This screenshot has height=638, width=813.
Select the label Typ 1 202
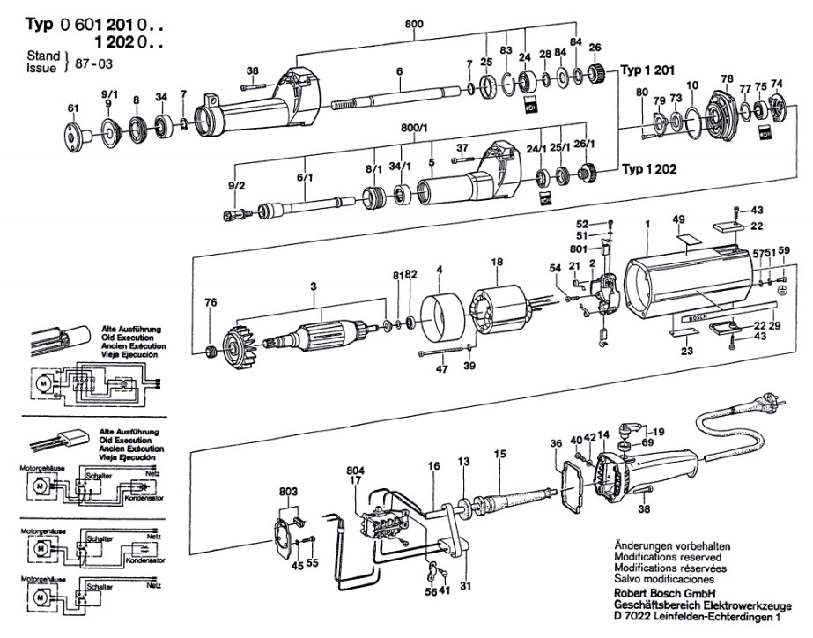click(x=650, y=168)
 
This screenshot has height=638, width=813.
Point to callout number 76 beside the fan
click(x=211, y=304)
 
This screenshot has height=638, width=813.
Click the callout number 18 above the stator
click(x=497, y=263)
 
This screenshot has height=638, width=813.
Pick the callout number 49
click(x=678, y=219)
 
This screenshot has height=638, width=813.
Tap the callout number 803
click(x=289, y=490)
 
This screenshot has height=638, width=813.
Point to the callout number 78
click(x=727, y=78)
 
